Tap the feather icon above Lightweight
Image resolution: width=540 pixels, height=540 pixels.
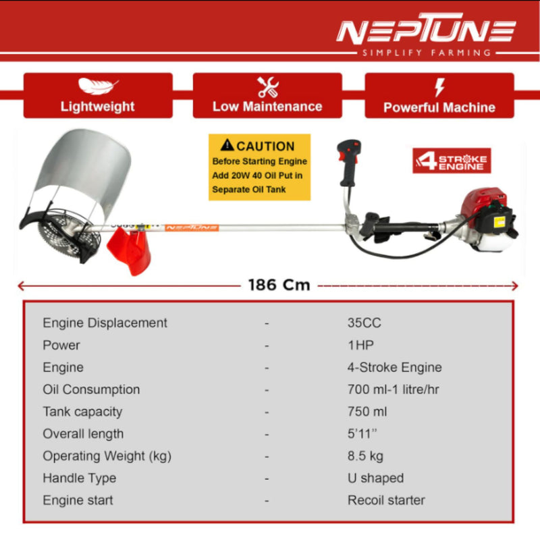click(x=98, y=86)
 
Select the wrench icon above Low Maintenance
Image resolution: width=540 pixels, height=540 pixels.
click(x=268, y=87)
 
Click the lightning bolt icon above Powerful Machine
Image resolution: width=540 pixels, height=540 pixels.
click(x=439, y=87)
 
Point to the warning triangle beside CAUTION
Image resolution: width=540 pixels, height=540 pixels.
click(x=227, y=145)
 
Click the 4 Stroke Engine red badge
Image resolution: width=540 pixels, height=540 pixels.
click(x=452, y=161)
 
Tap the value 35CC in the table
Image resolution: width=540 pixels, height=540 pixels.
click(x=364, y=323)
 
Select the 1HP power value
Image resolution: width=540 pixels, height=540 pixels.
click(x=360, y=346)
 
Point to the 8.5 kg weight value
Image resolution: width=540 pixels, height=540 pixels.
click(x=365, y=456)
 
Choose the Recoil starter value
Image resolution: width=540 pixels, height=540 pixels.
click(x=386, y=501)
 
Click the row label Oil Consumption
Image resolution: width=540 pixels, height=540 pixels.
click(x=91, y=390)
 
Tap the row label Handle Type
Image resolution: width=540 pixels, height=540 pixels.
click(x=79, y=479)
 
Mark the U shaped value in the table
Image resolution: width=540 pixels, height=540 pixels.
click(x=375, y=479)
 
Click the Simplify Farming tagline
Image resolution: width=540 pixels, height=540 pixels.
click(x=425, y=53)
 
